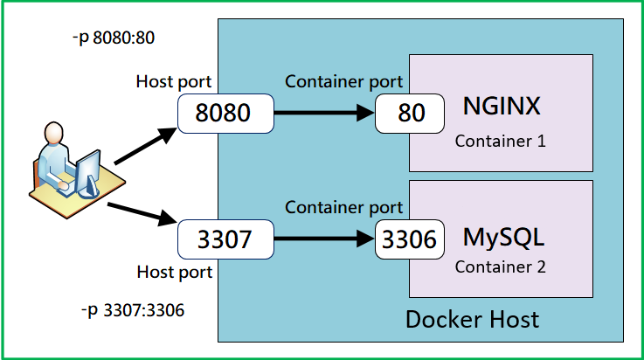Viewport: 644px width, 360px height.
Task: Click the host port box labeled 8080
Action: click(x=225, y=114)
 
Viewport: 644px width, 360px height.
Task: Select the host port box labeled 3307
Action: click(x=225, y=239)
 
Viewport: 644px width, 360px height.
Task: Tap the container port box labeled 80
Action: click(x=407, y=114)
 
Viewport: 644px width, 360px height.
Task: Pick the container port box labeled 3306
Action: click(x=407, y=239)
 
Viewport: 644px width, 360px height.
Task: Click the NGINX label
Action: click(x=502, y=108)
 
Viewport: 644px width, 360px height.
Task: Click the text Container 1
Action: click(x=501, y=140)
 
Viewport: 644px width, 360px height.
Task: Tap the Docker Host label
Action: click(x=472, y=319)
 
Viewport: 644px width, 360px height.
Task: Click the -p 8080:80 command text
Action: click(x=115, y=39)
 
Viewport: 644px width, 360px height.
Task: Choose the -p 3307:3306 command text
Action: click(x=131, y=312)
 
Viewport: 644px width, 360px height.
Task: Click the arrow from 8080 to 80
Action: click(x=323, y=114)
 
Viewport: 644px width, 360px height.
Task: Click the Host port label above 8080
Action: click(x=174, y=82)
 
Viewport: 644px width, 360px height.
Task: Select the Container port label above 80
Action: click(x=344, y=82)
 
